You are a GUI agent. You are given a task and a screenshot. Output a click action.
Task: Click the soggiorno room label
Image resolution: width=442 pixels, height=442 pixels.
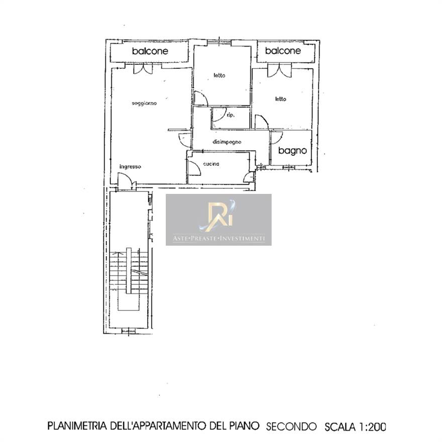(x=144, y=103)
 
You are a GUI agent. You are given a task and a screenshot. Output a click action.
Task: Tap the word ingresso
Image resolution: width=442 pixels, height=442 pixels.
(x=130, y=167)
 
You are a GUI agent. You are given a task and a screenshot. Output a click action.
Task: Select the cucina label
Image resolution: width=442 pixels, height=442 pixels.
(x=211, y=164)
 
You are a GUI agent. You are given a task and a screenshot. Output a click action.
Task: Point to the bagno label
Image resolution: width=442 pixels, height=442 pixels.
(x=292, y=151)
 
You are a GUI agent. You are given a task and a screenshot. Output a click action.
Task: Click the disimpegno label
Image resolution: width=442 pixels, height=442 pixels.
(x=227, y=142)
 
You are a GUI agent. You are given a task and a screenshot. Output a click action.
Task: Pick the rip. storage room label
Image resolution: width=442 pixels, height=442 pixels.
(x=231, y=115)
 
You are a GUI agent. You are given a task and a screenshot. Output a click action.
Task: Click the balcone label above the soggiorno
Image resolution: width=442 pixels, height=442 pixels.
(x=150, y=51)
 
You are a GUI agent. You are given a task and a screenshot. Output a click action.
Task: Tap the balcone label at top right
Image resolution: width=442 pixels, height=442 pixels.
(x=283, y=51)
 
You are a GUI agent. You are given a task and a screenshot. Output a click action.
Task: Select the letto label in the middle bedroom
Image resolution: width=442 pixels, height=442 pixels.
(x=219, y=75)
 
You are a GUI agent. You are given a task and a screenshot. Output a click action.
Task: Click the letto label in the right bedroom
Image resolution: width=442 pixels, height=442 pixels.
(x=280, y=99)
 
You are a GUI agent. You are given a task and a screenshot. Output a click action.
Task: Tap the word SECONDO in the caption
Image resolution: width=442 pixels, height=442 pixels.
(x=291, y=426)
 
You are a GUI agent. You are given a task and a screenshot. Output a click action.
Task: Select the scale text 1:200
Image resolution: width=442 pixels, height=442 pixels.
(x=372, y=427)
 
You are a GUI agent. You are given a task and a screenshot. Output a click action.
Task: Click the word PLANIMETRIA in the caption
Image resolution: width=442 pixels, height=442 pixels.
(x=77, y=426)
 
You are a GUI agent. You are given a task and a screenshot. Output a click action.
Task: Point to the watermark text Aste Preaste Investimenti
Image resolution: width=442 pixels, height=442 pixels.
(x=219, y=239)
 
